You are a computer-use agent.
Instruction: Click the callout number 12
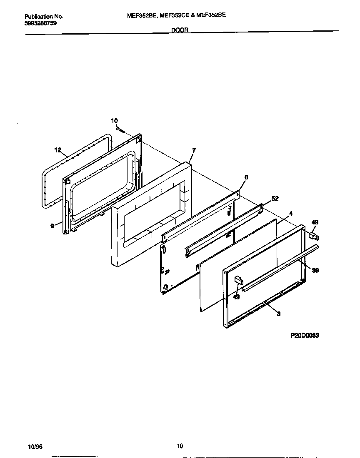pos(57,149)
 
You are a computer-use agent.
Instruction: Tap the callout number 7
pos(194,150)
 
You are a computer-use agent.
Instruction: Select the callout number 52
pos(275,199)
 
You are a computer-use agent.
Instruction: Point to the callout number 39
pos(315,270)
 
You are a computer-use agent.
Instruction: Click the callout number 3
pos(278,314)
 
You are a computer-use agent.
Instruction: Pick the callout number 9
pos(52,226)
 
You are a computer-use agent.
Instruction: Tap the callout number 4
pos(290,213)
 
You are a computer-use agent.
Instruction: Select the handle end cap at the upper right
pos(313,236)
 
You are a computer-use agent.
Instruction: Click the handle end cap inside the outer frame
pos(238,280)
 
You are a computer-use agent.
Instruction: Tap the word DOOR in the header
pos(180,30)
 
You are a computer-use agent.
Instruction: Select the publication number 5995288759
pos(41,23)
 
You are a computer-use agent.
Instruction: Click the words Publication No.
pos(44,17)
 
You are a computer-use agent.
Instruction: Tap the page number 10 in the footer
pos(180,446)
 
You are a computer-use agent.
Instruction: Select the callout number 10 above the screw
pos(114,121)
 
